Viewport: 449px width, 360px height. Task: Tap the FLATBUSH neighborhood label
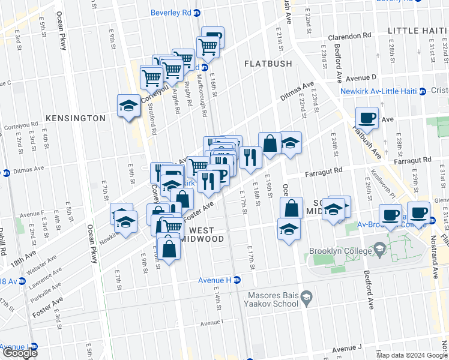click(268, 64)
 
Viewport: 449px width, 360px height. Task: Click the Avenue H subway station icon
click(237, 280)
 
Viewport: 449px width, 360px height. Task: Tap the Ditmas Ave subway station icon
click(6, 173)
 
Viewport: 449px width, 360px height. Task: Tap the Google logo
click(20, 353)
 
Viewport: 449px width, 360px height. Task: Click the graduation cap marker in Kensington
click(128, 106)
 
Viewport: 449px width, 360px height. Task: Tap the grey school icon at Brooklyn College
click(379, 248)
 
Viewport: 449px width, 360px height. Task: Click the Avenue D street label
click(364, 77)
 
